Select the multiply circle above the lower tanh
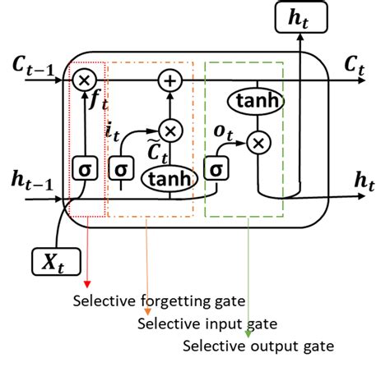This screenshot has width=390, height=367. coord(171,130)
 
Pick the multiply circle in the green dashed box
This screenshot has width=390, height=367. coord(258,144)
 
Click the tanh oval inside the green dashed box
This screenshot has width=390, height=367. coord(258,102)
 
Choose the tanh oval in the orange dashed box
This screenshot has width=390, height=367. coord(170,177)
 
